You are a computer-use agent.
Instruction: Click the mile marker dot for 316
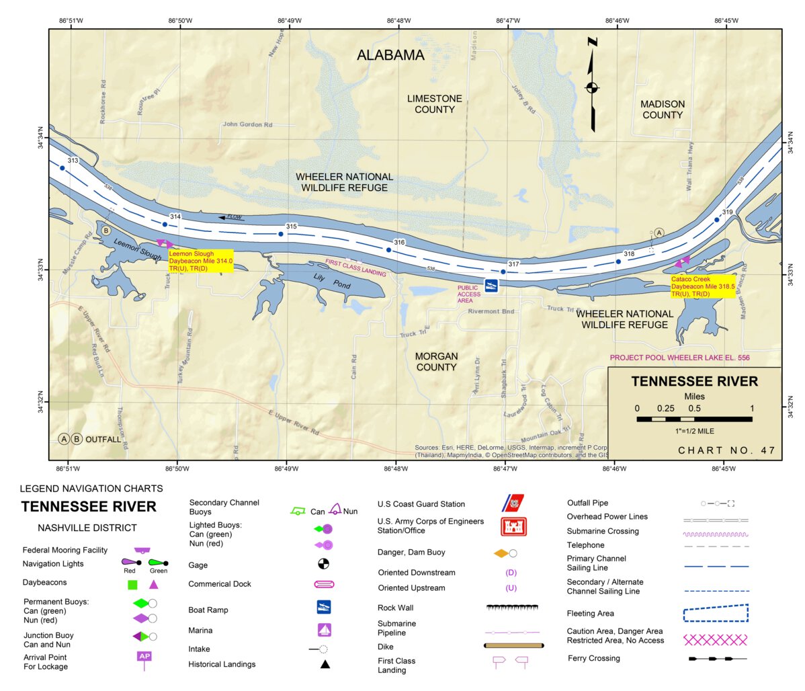click(x=388, y=250)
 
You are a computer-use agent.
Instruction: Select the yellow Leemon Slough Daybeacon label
click(x=200, y=261)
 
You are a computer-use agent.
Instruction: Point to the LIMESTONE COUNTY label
click(x=434, y=104)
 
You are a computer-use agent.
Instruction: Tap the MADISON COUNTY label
click(x=662, y=110)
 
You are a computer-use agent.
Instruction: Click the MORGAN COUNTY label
click(x=436, y=362)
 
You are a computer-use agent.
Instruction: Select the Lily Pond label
click(x=332, y=280)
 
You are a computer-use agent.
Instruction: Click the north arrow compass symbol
click(x=592, y=86)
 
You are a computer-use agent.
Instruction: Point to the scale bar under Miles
click(x=694, y=419)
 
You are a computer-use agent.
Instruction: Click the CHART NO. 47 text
click(x=726, y=450)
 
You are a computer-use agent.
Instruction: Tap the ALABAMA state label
click(x=390, y=55)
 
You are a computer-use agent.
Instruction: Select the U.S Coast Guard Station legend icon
click(x=513, y=503)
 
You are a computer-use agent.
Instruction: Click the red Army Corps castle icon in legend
click(x=513, y=526)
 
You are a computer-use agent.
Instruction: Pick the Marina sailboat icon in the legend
click(x=324, y=630)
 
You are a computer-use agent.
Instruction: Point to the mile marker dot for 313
click(x=62, y=168)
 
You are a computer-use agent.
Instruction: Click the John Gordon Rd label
click(x=247, y=124)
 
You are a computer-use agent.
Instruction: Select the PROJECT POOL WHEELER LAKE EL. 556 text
click(x=679, y=358)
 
